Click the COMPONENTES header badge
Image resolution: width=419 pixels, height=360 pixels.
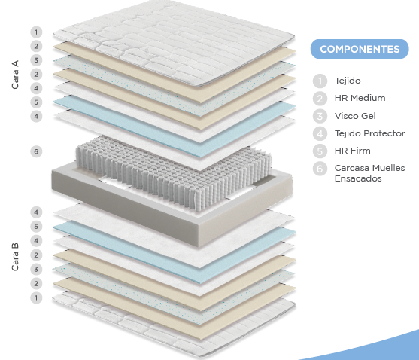pos(360,49)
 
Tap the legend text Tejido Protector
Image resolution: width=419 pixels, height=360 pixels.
pos(370,133)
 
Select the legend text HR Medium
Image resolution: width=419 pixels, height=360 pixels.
pos(360,98)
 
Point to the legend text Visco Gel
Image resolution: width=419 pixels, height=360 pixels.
pos(355,116)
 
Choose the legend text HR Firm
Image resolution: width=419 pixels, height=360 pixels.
pos(353,151)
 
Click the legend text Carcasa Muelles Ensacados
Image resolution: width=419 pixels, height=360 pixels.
pos(369,173)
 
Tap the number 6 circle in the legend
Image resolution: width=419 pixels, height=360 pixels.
pos(320,169)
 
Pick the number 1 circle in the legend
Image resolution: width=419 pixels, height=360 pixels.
pos(320,81)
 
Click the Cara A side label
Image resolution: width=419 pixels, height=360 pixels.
pos(15,75)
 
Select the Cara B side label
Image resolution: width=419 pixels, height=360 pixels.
pos(15,257)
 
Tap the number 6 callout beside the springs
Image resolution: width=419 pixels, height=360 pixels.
pos(36,151)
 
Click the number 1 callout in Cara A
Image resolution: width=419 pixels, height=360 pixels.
pos(36,32)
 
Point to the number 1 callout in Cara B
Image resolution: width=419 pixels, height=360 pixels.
pos(36,297)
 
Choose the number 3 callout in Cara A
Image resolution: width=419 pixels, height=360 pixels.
pos(36,60)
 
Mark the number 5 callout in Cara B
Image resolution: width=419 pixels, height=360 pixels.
pos(36,227)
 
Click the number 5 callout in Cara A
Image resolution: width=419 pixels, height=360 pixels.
pos(36,102)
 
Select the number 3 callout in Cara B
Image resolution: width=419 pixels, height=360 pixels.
pos(36,270)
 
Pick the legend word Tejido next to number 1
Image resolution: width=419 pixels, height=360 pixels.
pos(348,81)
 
